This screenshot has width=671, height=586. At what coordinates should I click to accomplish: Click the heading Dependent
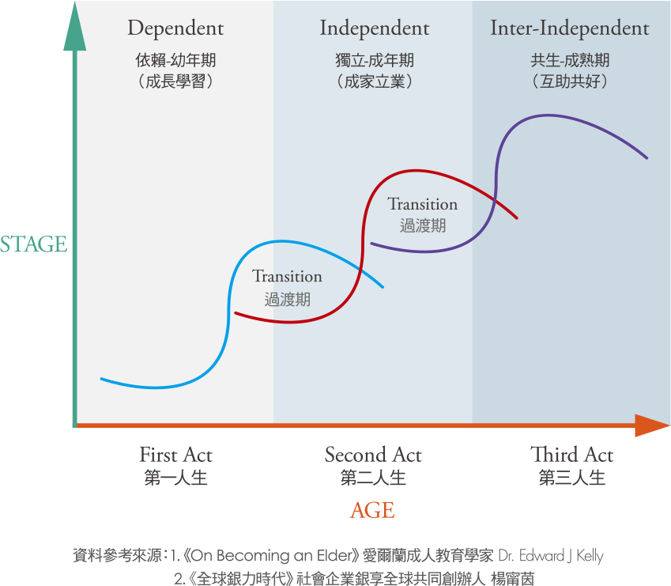tap(175, 28)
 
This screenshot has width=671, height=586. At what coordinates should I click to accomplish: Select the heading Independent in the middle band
tap(375, 28)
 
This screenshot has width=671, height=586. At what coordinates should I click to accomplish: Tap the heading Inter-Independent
tap(570, 28)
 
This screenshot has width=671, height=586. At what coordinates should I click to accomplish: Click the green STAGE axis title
tap(33, 244)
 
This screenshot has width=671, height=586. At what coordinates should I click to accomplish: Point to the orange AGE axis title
tap(372, 510)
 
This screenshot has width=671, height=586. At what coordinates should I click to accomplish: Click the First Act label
tap(176, 455)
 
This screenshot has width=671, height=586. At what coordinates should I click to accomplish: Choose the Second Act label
tap(373, 455)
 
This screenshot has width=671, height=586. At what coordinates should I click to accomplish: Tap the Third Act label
tap(571, 455)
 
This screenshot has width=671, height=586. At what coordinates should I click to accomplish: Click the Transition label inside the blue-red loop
tap(287, 276)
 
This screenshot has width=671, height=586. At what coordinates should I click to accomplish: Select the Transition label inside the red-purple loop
tap(422, 204)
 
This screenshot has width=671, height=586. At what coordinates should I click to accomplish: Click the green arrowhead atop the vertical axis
tap(75, 27)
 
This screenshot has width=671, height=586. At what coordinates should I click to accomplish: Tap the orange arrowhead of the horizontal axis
tap(652, 425)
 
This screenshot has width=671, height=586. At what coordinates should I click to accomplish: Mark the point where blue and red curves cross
tap(360, 270)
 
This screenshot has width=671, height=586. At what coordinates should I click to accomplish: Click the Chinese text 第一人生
tap(176, 478)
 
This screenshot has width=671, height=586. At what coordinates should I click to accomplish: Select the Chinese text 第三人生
tap(572, 478)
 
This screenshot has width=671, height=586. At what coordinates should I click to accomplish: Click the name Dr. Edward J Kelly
tap(551, 556)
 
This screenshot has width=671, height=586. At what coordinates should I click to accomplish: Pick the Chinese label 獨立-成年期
tap(375, 60)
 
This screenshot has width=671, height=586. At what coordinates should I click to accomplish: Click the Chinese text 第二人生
tap(373, 478)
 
